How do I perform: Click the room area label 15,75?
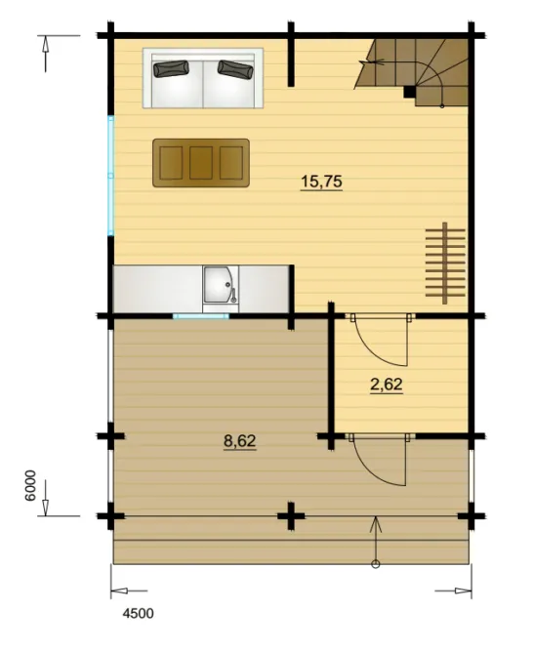tap(321, 182)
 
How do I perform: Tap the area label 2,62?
tap(386, 385)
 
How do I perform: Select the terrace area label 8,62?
tap(239, 441)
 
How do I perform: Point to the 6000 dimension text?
tap(30, 485)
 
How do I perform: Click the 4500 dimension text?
tap(138, 613)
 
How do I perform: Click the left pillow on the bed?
tap(171, 69)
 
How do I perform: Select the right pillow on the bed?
tap(235, 69)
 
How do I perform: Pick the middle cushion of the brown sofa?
tap(201, 163)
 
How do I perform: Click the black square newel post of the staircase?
tap(410, 92)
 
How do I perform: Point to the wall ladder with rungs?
tap(445, 263)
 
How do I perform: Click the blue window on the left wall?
tap(111, 176)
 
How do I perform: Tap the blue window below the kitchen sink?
tap(200, 316)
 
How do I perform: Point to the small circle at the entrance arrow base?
tap(376, 564)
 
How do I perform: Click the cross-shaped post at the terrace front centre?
tap(291, 516)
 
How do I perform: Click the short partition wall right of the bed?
tap(291, 55)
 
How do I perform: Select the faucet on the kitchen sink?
tap(233, 294)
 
